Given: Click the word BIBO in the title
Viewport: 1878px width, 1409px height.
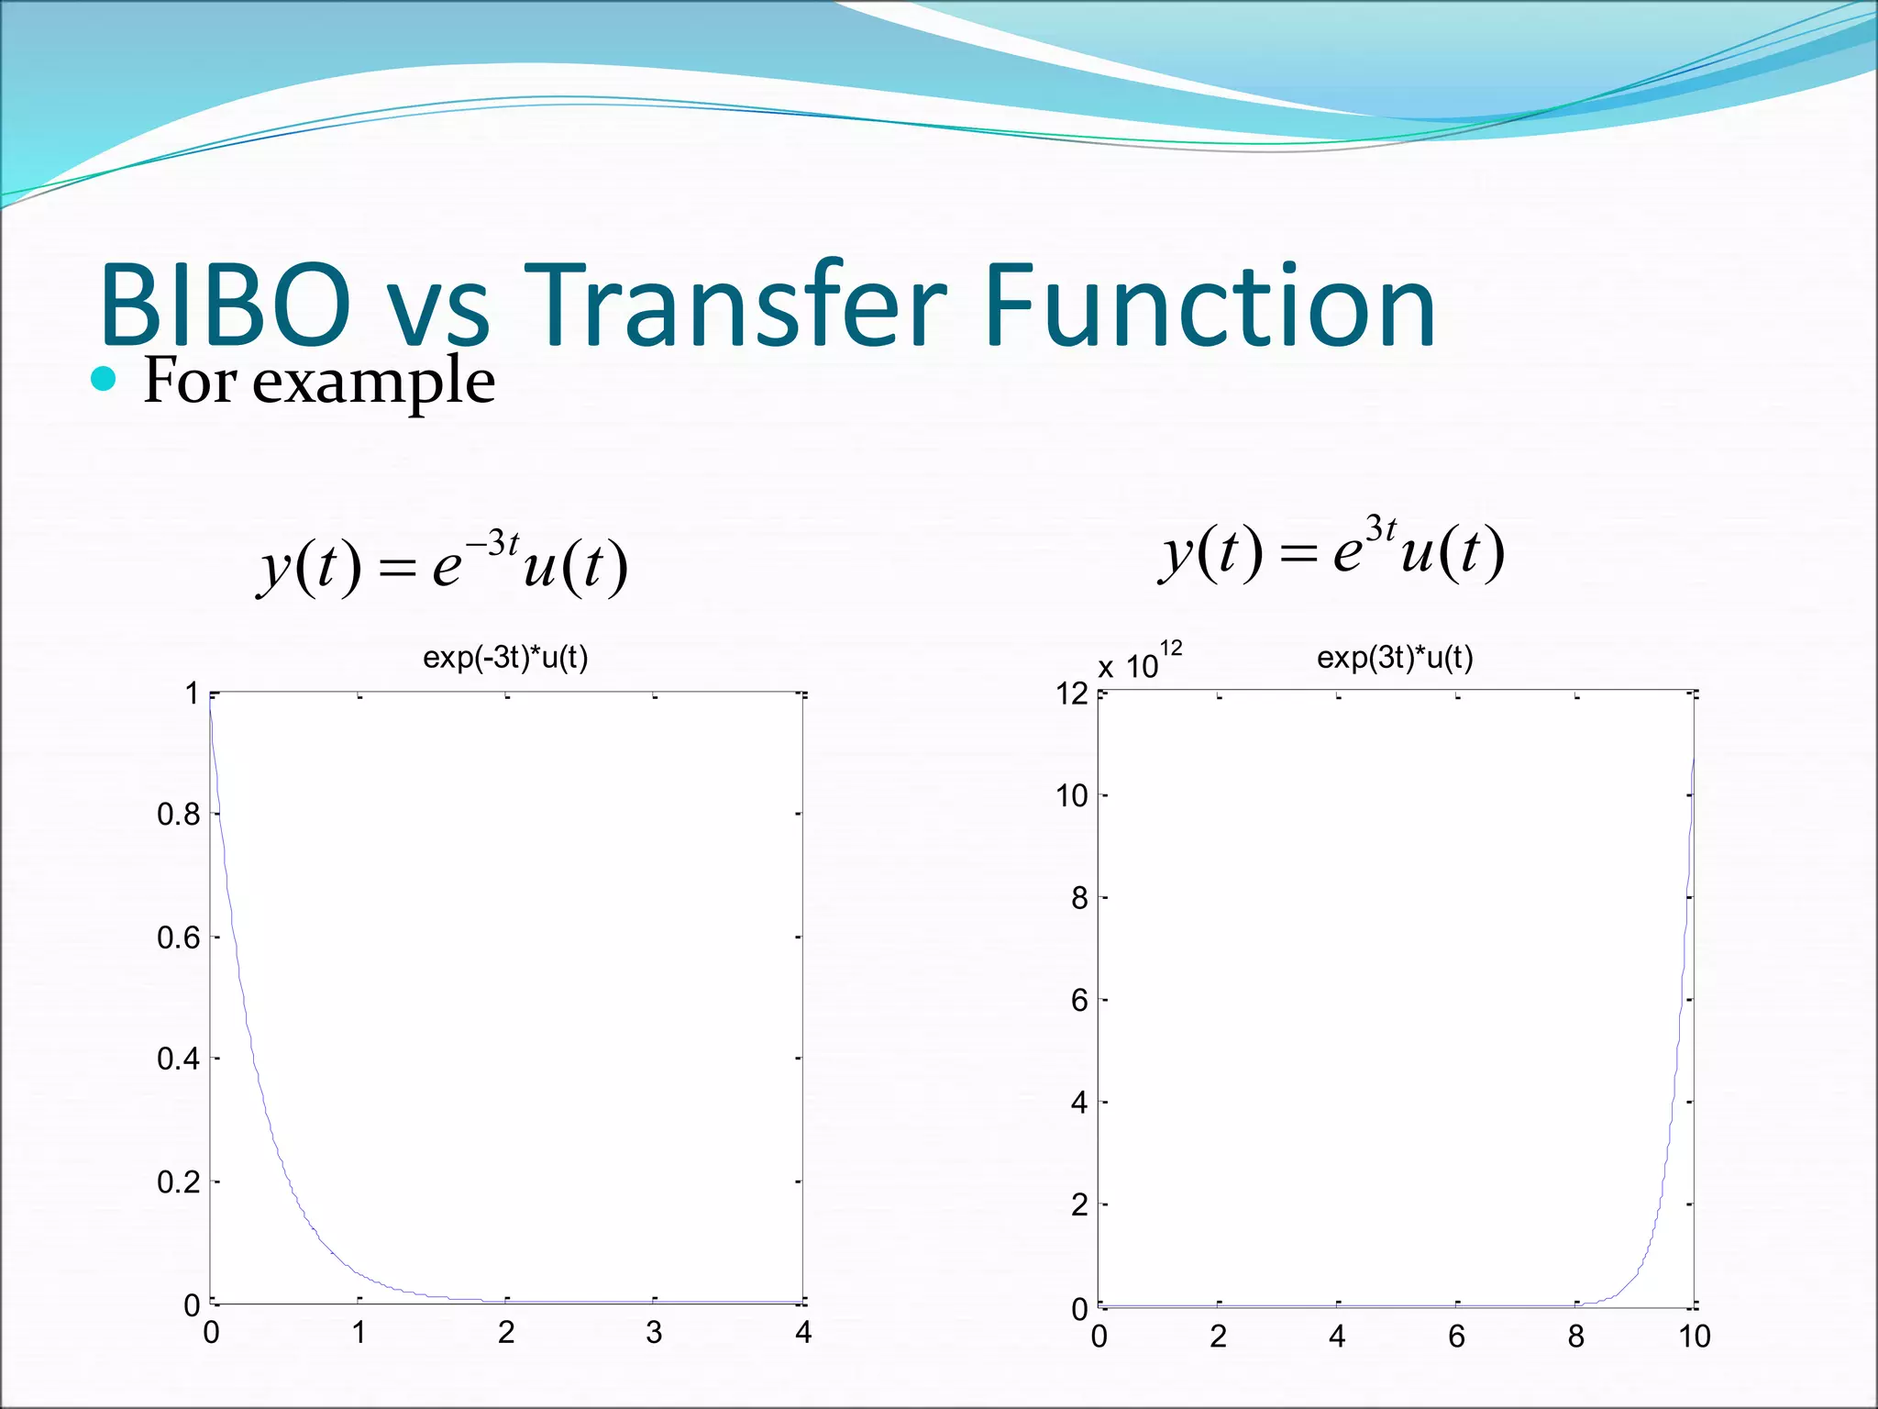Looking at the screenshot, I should [225, 305].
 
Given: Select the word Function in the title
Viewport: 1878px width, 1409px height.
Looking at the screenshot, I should [1209, 305].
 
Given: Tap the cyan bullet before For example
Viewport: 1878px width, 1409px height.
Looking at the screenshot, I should [104, 379].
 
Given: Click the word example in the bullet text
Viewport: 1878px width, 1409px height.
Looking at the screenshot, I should [373, 382].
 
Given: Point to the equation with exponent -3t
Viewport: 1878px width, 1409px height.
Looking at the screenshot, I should [443, 564].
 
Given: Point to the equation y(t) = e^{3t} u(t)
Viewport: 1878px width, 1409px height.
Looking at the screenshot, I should [1331, 550].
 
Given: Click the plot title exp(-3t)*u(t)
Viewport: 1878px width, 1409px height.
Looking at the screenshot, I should [505, 658].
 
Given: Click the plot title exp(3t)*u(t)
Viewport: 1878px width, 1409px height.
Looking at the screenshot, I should [1394, 658].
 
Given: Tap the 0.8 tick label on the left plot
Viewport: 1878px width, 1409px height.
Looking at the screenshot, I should [178, 814].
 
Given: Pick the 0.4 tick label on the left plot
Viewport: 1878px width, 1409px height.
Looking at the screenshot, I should [178, 1059].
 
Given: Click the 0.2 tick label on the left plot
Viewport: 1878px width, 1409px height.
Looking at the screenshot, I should [178, 1182].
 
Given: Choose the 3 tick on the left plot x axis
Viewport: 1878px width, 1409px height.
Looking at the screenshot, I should [654, 1332].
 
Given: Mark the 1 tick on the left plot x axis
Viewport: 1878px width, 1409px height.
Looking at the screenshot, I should [359, 1332].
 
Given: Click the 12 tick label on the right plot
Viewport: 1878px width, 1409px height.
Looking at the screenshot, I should [1071, 693].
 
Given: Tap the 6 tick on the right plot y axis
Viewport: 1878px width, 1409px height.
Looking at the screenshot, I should [1079, 1000].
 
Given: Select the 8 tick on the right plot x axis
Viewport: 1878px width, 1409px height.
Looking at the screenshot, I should [1575, 1337].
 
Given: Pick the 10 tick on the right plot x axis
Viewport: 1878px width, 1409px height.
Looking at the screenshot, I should [1694, 1337].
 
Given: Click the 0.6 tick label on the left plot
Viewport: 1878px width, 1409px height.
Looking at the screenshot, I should [178, 937].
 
